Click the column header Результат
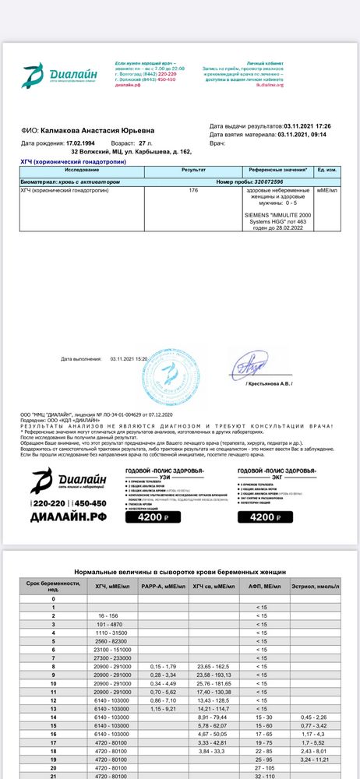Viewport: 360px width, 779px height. [193, 169]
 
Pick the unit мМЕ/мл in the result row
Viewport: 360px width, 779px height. [327, 190]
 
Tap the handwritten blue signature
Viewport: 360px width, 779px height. [252, 366]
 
